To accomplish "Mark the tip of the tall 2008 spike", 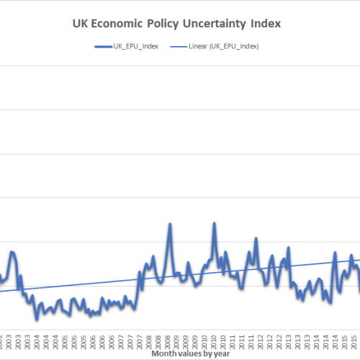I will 170,224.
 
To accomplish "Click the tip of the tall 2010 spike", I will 214,223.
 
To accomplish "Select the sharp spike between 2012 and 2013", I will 289,248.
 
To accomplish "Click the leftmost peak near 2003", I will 12,251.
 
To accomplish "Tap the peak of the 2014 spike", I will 334,253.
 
